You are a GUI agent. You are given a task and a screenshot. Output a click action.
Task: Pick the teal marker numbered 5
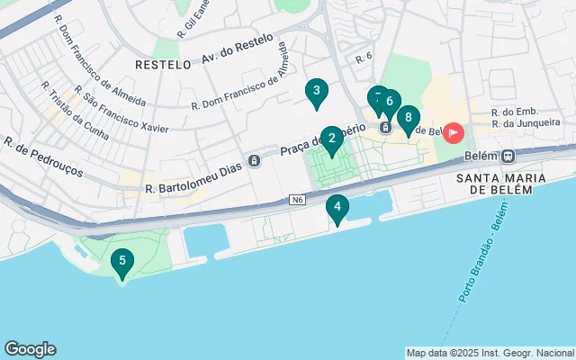(122, 262)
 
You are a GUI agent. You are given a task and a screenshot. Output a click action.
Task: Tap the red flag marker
(452, 133)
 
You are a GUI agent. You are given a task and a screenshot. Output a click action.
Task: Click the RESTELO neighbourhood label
(163, 65)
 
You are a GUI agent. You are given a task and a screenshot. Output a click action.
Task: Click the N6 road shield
(298, 199)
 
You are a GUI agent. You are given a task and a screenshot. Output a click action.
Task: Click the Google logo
(30, 349)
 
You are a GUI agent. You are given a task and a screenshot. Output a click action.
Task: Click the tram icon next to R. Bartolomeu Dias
(255, 161)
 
